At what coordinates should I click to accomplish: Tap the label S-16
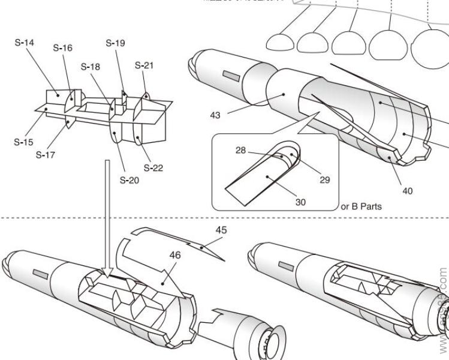[x=62, y=48]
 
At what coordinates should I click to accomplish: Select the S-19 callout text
[x=115, y=43]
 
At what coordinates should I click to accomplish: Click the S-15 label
[x=24, y=143]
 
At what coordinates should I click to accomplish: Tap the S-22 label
[x=153, y=168]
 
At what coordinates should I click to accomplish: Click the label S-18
[x=91, y=66]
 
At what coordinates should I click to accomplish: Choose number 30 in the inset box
[x=300, y=202]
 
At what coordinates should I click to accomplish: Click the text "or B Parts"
[x=361, y=206]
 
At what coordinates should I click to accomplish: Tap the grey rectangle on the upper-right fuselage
[x=231, y=76]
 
